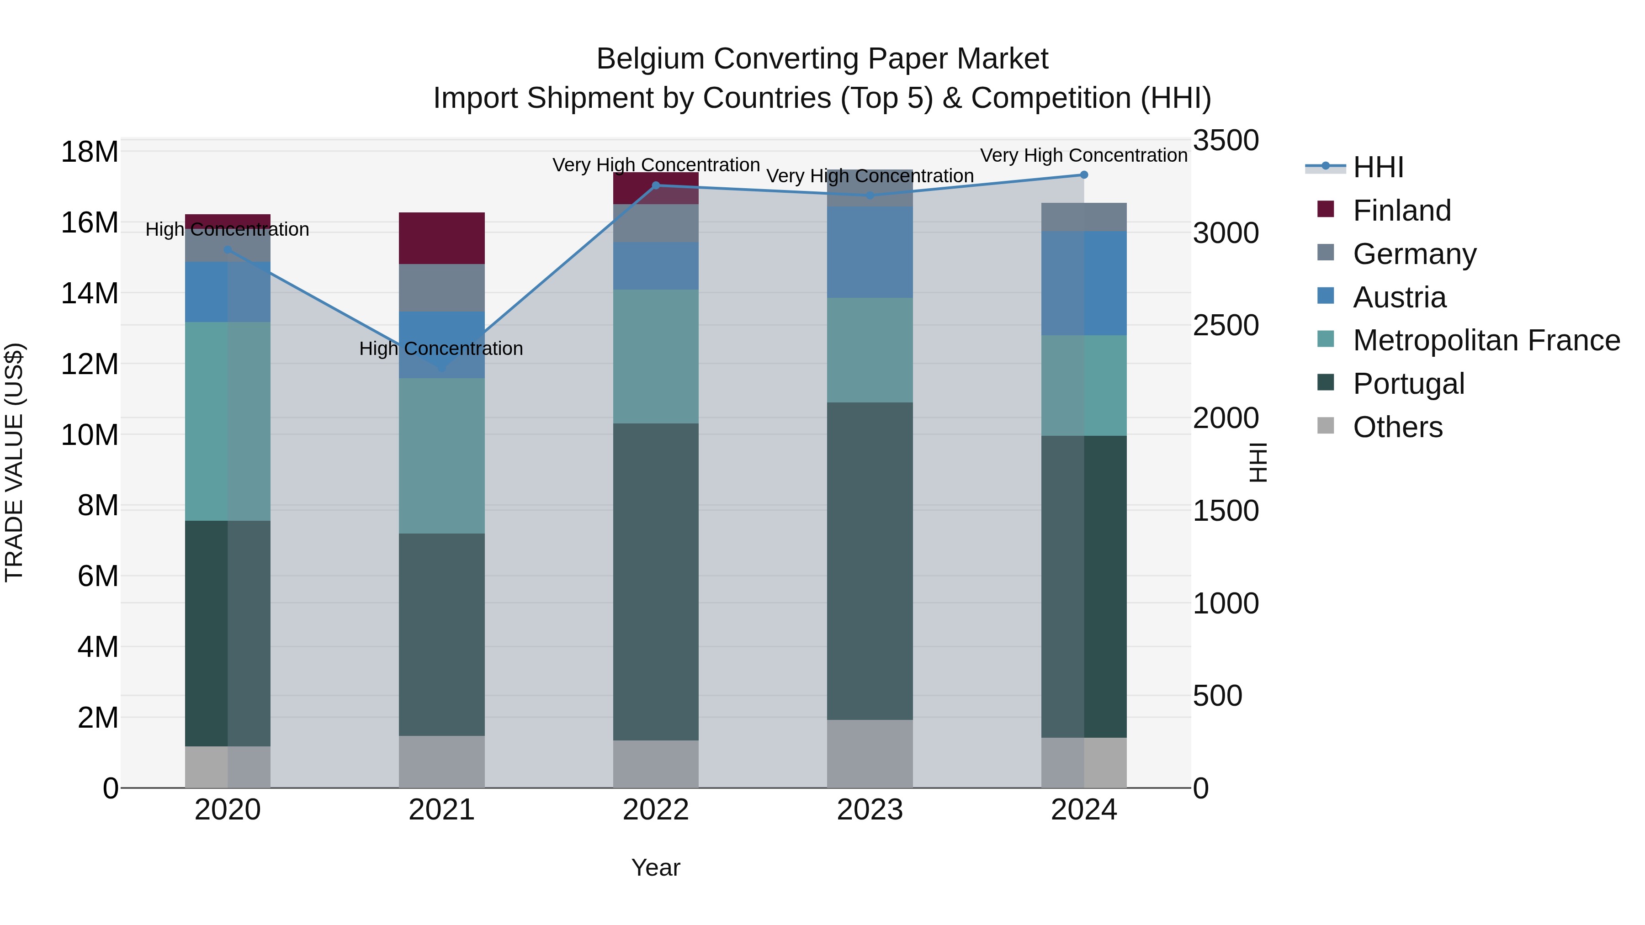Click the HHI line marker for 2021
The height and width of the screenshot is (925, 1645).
coord(442,368)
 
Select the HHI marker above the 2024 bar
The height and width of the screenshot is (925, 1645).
coord(1084,175)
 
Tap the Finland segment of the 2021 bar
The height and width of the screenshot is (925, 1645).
coord(442,238)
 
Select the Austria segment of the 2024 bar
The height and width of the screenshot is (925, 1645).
coord(1084,283)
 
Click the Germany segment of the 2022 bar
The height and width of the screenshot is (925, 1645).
coord(656,223)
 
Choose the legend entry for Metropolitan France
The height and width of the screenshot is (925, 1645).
coord(1486,340)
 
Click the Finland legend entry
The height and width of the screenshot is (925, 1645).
coord(1402,210)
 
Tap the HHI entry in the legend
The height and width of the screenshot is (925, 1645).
coord(1378,167)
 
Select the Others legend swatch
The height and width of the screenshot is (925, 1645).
coord(1326,426)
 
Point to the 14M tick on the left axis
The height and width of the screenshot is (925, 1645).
coord(90,294)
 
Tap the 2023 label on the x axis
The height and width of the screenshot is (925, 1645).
coord(870,810)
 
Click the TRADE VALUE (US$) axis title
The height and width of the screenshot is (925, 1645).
coord(14,462)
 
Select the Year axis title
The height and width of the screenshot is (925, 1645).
coord(656,867)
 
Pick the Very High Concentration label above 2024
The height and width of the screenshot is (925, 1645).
coord(1084,155)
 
